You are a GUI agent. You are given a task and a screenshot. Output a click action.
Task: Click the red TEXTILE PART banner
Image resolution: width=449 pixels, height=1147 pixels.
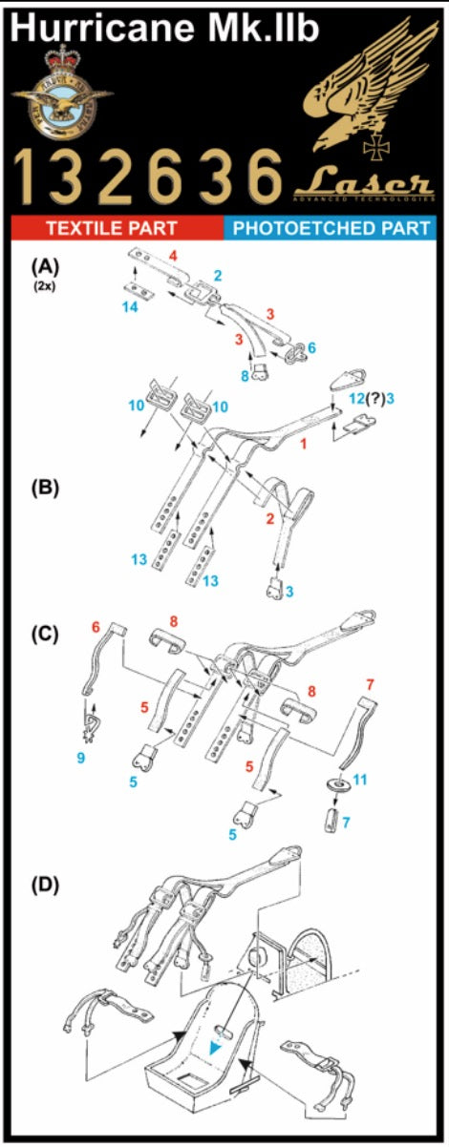(112, 229)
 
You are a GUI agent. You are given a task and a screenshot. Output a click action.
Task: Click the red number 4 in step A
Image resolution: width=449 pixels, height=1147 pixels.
(173, 256)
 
